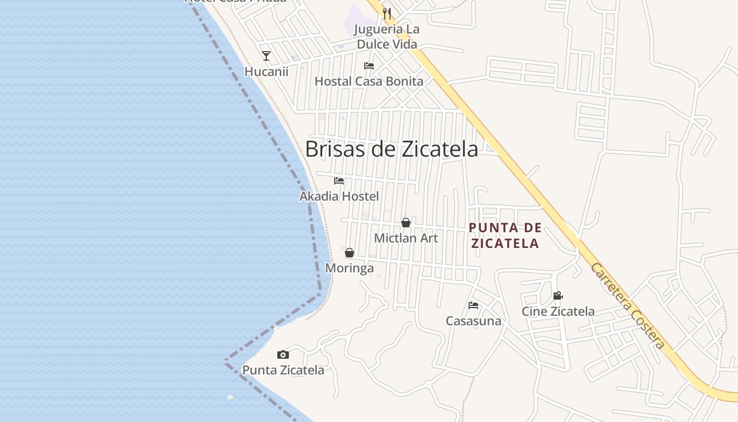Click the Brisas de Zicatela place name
(391, 149)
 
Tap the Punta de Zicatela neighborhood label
(505, 235)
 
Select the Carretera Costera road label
(627, 306)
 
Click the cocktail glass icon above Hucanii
(266, 55)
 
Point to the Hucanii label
(266, 71)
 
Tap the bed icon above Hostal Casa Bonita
(369, 66)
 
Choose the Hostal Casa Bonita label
(369, 81)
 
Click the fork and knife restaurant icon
(387, 13)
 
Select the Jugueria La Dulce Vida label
(387, 36)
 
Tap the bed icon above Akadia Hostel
(339, 181)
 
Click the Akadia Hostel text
(339, 197)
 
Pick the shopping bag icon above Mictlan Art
(406, 223)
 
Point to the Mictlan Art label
(406, 238)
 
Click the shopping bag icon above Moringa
(349, 253)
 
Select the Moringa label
(349, 268)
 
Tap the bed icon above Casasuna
(473, 305)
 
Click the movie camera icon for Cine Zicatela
(558, 296)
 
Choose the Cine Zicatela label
(558, 311)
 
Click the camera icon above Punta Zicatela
(283, 354)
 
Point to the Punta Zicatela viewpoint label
(283, 370)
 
